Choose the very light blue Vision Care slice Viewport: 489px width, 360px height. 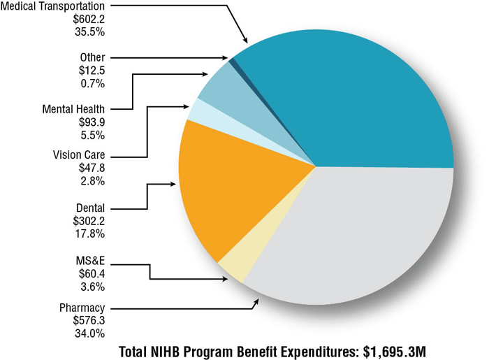pyautogui.click(x=198, y=110)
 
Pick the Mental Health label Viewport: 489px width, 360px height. pyautogui.click(x=73, y=109)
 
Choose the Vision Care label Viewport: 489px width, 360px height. pyautogui.click(x=78, y=155)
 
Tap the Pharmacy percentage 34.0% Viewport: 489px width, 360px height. pyautogui.click(x=89, y=333)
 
